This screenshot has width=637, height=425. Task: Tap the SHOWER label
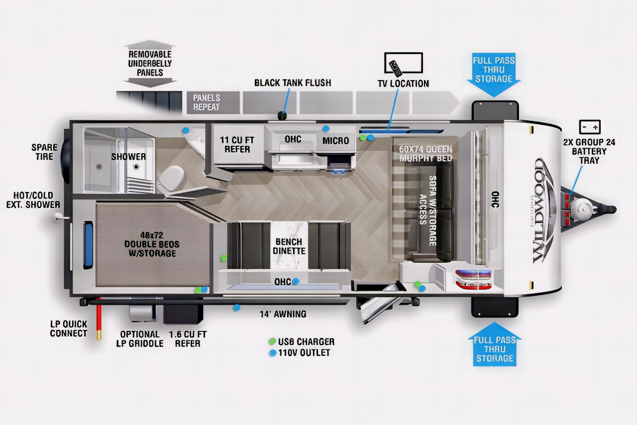pos(128,156)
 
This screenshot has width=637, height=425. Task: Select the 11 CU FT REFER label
pos(237,144)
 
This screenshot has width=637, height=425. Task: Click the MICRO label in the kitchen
pos(335,140)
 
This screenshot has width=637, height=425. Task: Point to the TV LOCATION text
pos(403,83)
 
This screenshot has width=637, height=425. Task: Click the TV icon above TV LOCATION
pos(404,63)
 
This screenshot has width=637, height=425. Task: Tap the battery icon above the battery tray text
pos(590,127)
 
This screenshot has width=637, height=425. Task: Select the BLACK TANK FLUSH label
pos(293,83)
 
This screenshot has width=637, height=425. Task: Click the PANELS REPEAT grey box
pos(213,103)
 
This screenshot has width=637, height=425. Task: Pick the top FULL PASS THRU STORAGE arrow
pos(494,75)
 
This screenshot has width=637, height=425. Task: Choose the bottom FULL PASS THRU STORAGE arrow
pos(495,344)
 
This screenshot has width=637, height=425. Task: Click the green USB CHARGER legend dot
pos(272,341)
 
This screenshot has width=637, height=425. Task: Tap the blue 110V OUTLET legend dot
pos(273,353)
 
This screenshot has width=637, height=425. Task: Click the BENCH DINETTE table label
pos(289,246)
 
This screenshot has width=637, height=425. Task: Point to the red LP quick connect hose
pos(99,319)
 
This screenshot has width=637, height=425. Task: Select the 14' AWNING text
pos(283,314)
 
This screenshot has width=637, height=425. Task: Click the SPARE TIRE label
pos(44,152)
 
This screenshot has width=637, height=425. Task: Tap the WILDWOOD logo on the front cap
pos(542,211)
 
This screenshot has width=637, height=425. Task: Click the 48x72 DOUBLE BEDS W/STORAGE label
pos(152,244)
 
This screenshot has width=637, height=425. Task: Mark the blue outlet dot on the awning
pos(236,308)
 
